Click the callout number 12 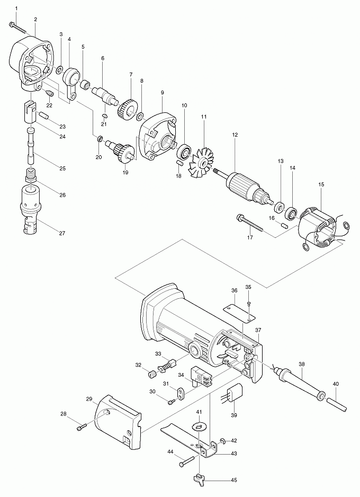click(x=233, y=136)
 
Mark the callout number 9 click(x=162, y=92)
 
